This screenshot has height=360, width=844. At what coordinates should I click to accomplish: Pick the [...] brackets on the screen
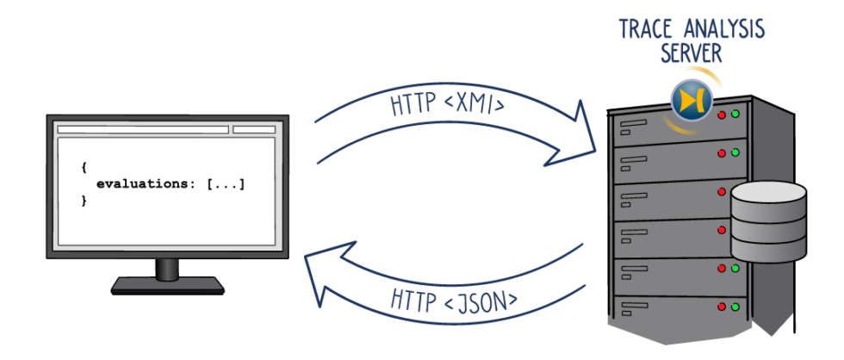(225, 183)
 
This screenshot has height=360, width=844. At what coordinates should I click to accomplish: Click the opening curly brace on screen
(84, 168)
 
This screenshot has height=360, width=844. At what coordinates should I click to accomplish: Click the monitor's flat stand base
(168, 285)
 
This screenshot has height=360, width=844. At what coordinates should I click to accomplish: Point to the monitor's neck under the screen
(168, 267)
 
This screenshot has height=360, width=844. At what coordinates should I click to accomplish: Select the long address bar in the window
(143, 130)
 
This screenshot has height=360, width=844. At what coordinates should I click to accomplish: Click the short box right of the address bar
(254, 130)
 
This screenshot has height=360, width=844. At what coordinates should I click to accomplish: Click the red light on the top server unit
(722, 115)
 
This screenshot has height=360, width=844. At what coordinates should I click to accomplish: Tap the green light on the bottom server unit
(735, 306)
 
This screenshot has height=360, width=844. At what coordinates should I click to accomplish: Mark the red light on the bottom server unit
(722, 306)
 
